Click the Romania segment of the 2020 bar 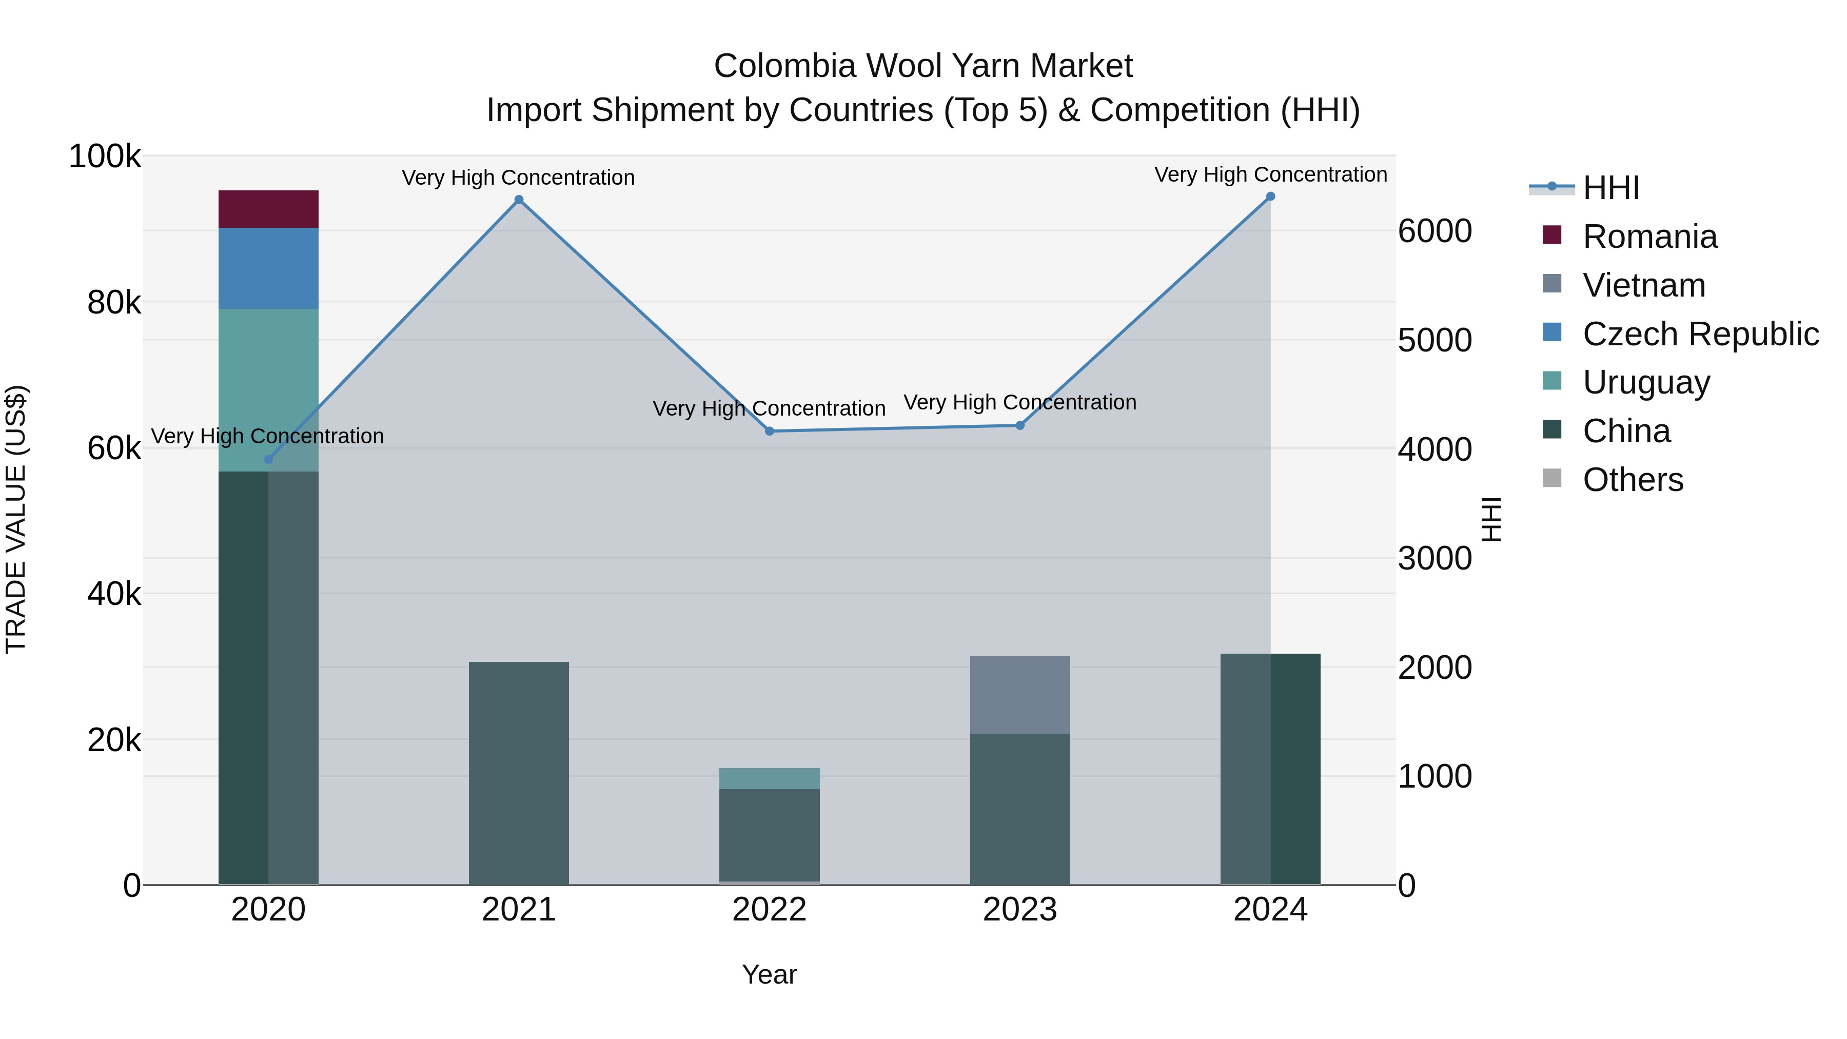pos(268,209)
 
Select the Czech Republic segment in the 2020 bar pos(268,268)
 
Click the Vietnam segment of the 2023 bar pos(1019,694)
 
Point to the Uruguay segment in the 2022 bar pos(770,778)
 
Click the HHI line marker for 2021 pos(518,200)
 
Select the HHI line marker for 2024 pos(1270,197)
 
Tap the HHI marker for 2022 pos(770,431)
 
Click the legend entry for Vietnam pos(1643,285)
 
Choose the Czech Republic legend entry pos(1699,334)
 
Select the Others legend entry pos(1632,480)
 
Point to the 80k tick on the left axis pos(113,303)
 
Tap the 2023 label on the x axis pos(1019,910)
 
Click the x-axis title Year pos(770,974)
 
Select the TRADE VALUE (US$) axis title pos(16,519)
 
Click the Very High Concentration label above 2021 pos(518,177)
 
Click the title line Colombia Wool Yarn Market pos(923,66)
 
